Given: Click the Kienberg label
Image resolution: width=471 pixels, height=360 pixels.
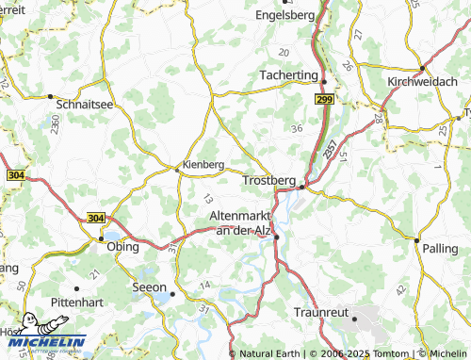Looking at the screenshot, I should click(203, 161).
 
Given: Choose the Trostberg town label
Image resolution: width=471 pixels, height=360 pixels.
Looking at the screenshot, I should click(269, 179).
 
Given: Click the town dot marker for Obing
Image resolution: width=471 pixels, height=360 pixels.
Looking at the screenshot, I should click(102, 239).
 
